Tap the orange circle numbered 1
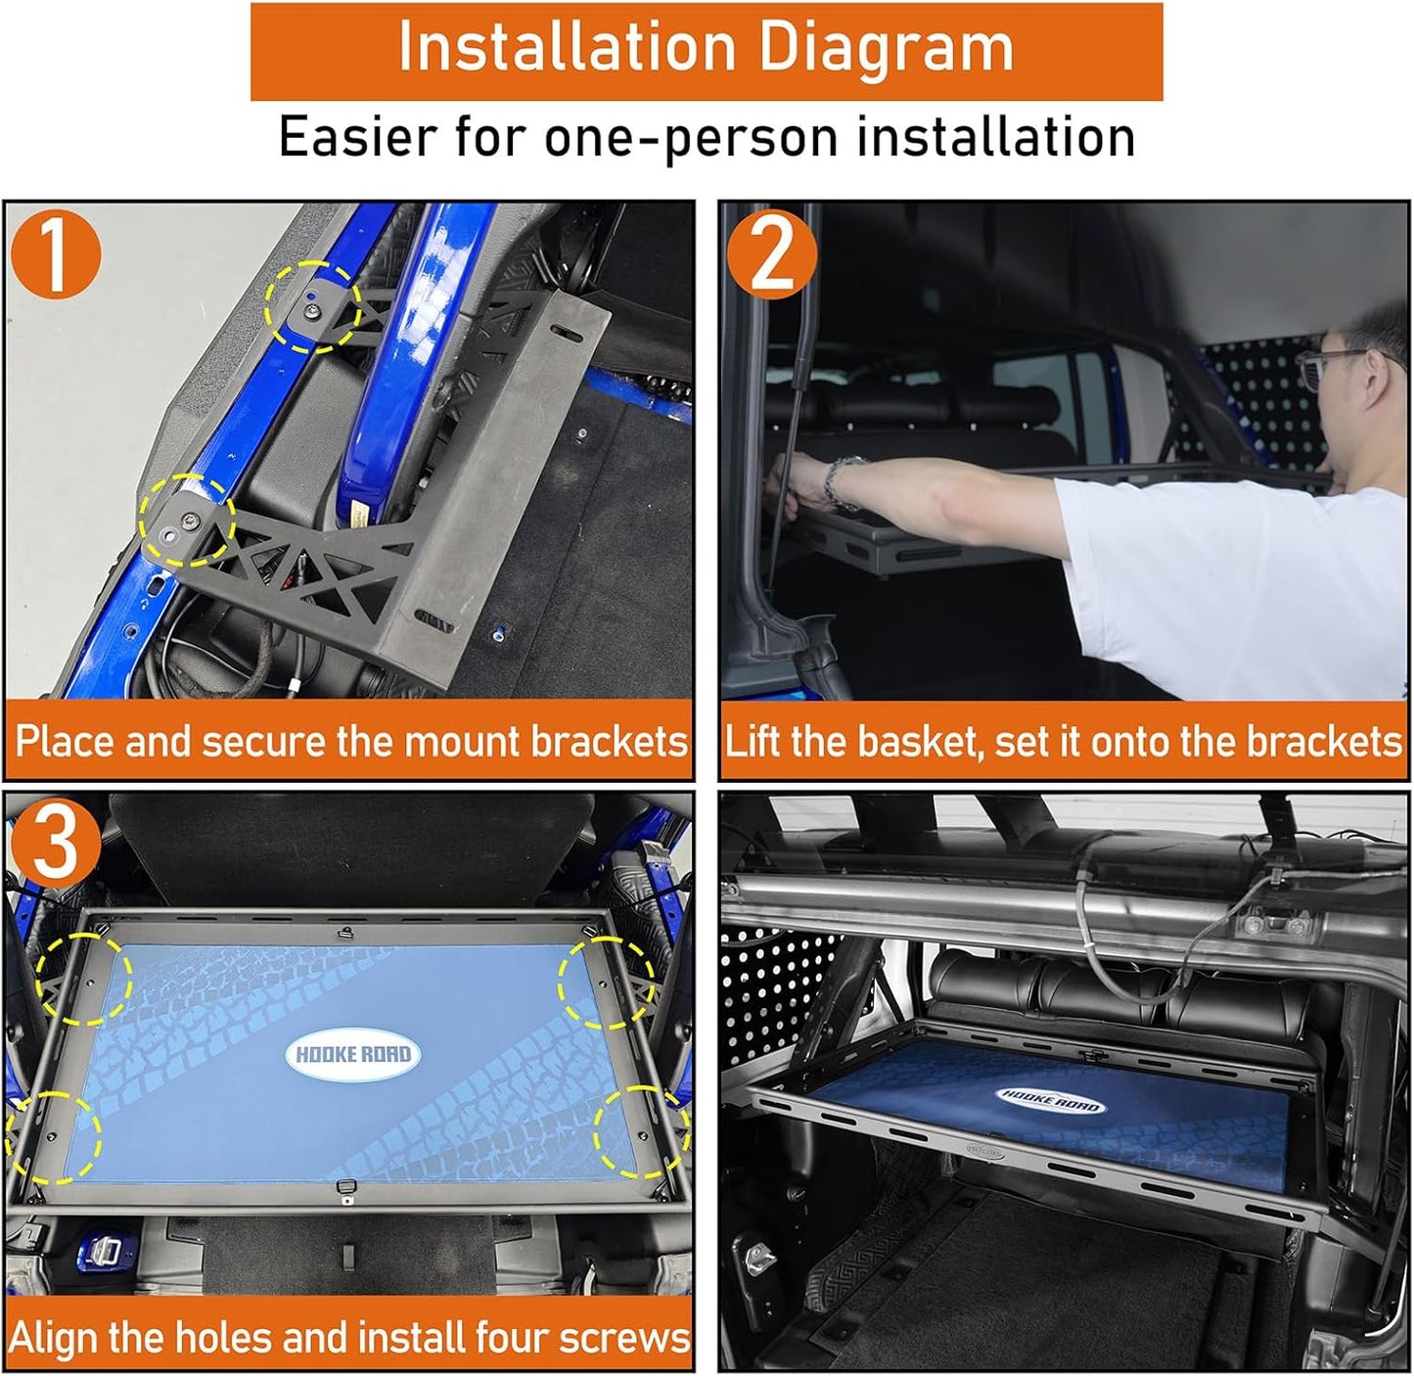tap(56, 254)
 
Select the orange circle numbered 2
tap(772, 254)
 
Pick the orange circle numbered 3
tap(56, 844)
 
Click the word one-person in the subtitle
tap(690, 138)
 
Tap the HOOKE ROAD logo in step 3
tap(353, 1055)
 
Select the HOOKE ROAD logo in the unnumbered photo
tap(1049, 1100)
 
